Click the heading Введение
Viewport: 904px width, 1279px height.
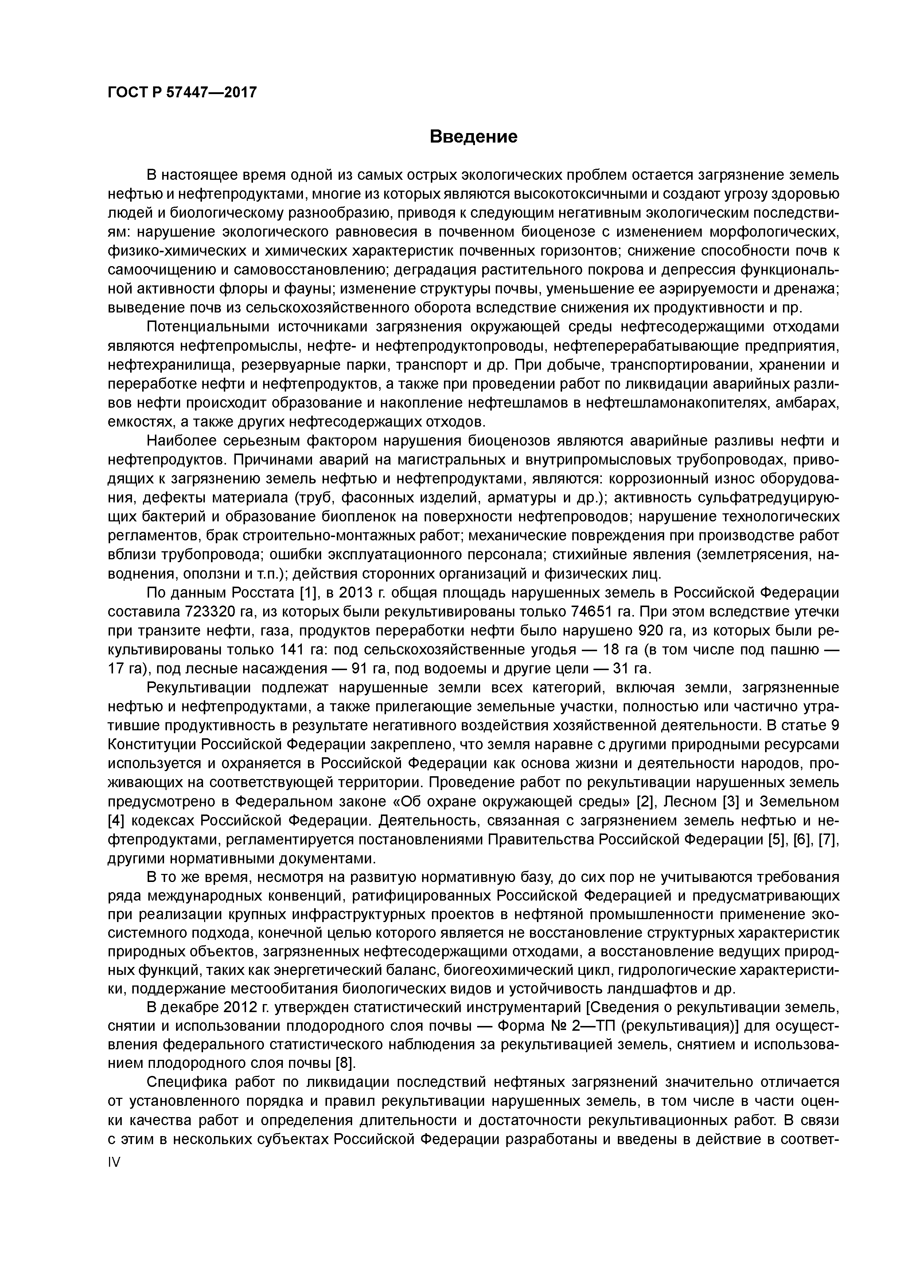(x=474, y=136)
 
